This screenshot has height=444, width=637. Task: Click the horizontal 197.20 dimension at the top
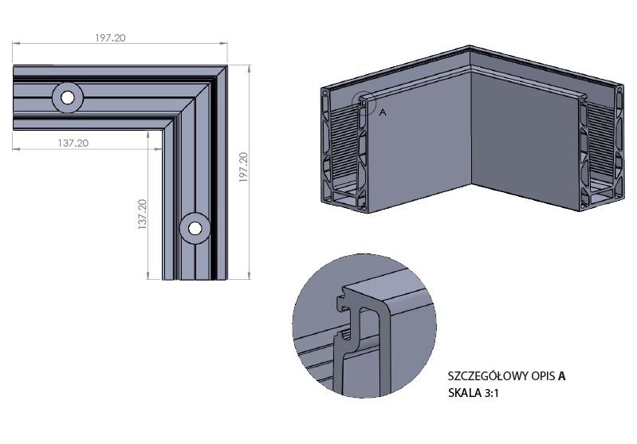(x=111, y=38)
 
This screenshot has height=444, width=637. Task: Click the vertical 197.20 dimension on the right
(x=243, y=167)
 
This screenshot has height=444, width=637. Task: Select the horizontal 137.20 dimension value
(x=73, y=143)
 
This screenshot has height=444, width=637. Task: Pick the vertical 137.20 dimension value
(x=142, y=214)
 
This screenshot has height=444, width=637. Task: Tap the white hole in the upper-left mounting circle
(x=68, y=97)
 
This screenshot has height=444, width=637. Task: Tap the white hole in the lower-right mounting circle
(x=195, y=228)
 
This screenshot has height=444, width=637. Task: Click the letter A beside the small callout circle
(x=383, y=112)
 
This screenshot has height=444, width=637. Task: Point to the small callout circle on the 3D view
(x=364, y=102)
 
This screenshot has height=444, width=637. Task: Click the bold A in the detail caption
(x=561, y=376)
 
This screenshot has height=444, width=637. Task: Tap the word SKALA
(x=464, y=393)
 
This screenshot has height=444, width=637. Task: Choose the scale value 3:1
(x=492, y=393)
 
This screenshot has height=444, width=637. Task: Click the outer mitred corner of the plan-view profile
(x=226, y=65)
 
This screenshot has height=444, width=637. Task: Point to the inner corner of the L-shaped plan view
(x=163, y=130)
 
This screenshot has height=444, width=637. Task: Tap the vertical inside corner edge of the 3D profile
(x=471, y=129)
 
